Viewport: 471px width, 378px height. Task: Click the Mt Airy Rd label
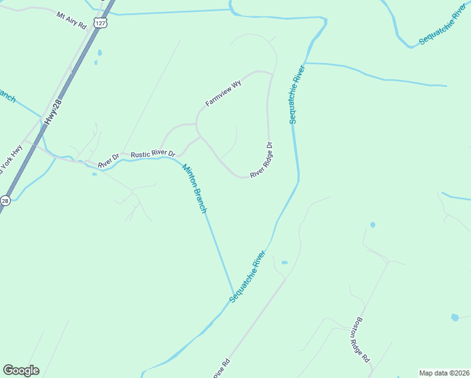pyautogui.click(x=71, y=20)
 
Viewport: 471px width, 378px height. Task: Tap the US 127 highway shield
pyautogui.click(x=100, y=23)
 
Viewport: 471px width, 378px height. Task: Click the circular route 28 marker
pyautogui.click(x=5, y=200)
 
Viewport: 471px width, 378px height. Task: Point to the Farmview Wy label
pyautogui.click(x=223, y=93)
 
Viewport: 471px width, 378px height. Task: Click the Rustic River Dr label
pyautogui.click(x=152, y=154)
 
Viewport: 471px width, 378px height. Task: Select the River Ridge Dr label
pyautogui.click(x=261, y=160)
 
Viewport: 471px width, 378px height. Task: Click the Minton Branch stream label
pyautogui.click(x=194, y=188)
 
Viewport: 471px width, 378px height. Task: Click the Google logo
pyautogui.click(x=21, y=370)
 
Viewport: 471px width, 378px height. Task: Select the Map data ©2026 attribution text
pyautogui.click(x=443, y=372)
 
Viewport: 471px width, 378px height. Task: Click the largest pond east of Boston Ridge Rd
pyautogui.click(x=455, y=318)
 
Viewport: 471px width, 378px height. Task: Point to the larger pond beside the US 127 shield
pyautogui.click(x=99, y=54)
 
